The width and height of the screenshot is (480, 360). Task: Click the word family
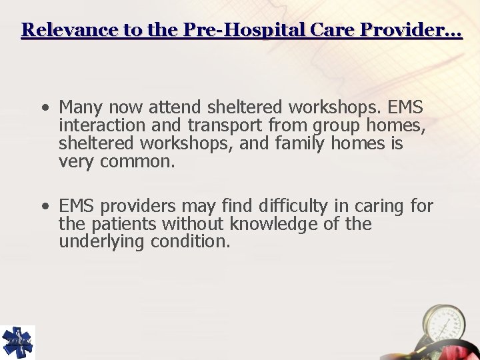click(285, 143)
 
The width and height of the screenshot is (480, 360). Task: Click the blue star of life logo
click(17, 342)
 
